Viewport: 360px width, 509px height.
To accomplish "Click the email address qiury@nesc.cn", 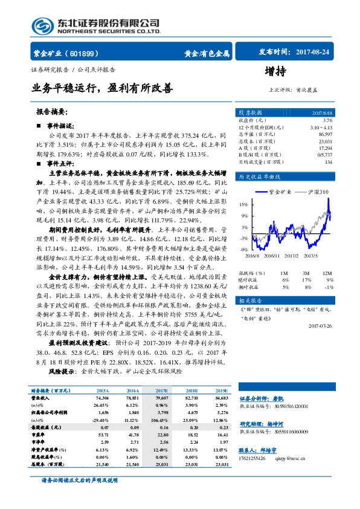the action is [295, 459].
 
